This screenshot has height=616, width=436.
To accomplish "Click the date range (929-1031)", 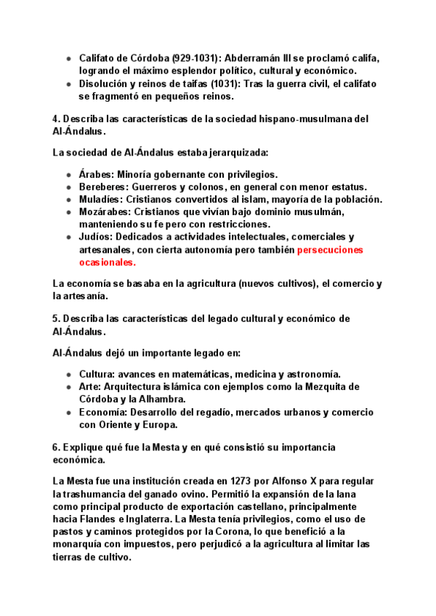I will tap(193, 57).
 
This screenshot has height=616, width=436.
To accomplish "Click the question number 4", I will tap(56, 118).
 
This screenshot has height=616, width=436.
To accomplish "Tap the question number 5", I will tap(56, 319).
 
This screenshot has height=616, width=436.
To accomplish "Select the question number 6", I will tap(56, 447).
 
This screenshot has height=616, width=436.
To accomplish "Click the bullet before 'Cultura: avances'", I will tap(68, 374).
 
